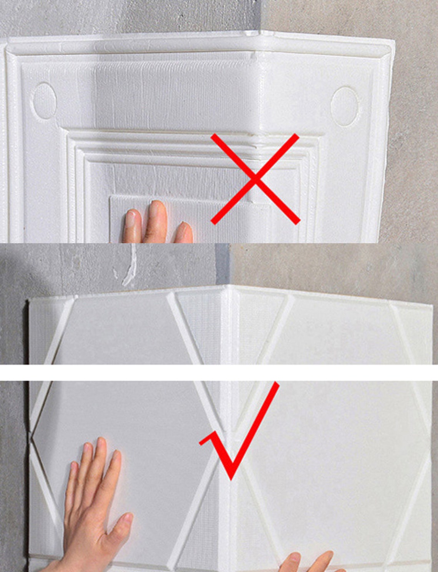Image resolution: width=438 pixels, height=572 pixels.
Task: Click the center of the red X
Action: pyautogui.click(x=255, y=179)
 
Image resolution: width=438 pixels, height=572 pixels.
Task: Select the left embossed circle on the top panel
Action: pyautogui.click(x=45, y=101)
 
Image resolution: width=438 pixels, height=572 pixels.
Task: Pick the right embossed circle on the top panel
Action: pyautogui.click(x=345, y=106)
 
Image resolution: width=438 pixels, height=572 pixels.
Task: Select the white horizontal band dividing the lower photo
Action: pyautogui.click(x=219, y=372)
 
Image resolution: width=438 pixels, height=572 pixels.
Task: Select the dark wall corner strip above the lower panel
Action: pyautogui.click(x=222, y=264)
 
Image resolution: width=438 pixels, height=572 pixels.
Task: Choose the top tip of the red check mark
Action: pyautogui.click(x=276, y=384)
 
